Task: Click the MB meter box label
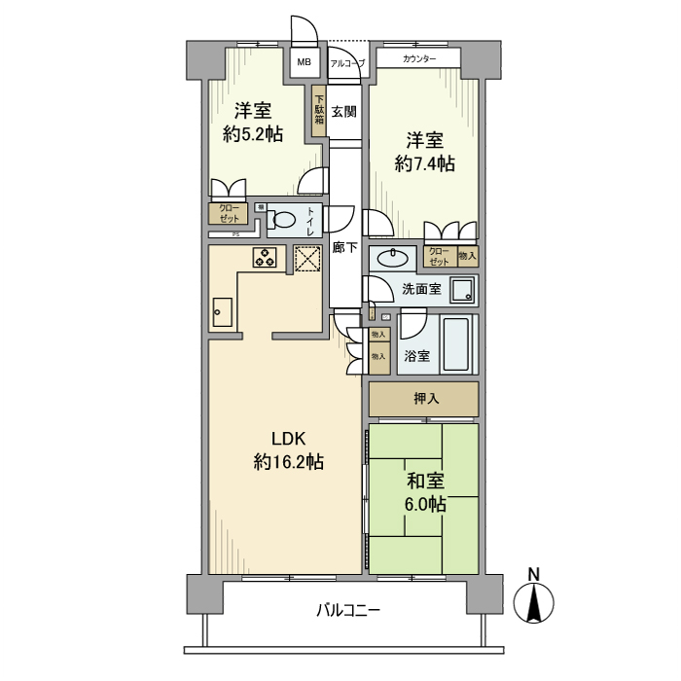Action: point(305,63)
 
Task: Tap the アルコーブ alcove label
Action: point(347,63)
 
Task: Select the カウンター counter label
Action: point(418,60)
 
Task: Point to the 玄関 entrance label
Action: point(343,112)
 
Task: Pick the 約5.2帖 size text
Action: point(253,134)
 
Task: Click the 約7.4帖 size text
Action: point(424,164)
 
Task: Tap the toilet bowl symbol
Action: point(282,221)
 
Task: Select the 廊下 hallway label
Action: point(343,248)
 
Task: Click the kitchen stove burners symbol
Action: point(265,257)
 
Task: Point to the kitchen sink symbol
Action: point(221,313)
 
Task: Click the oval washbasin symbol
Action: point(393,258)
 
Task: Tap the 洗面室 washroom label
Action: point(421,289)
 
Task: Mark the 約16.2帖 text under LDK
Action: point(288,463)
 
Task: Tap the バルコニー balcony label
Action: point(347,611)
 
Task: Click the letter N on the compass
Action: point(533,574)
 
